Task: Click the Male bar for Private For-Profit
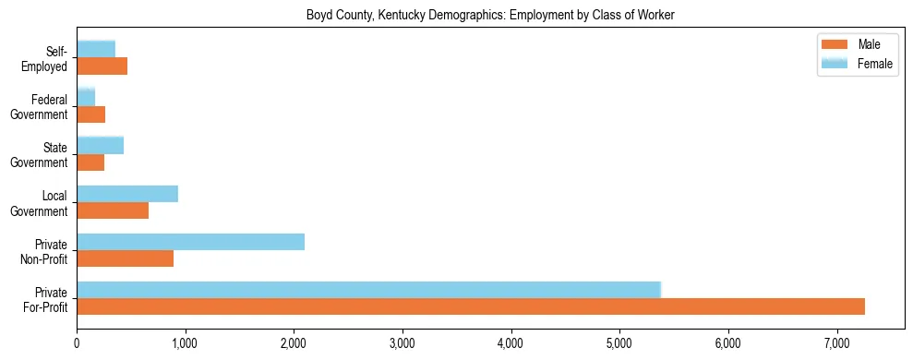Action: pos(471,306)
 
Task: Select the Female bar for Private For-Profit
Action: pos(369,290)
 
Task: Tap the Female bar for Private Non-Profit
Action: pos(190,242)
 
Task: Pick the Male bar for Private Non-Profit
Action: pos(125,258)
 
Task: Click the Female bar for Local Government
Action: pos(127,194)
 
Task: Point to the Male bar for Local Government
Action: pos(113,210)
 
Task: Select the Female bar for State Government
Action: pos(100,145)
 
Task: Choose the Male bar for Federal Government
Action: pos(90,114)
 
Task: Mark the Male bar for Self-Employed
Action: pos(102,66)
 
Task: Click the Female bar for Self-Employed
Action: pos(96,49)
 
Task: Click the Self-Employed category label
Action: pos(49,58)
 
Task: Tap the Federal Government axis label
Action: pos(40,107)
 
